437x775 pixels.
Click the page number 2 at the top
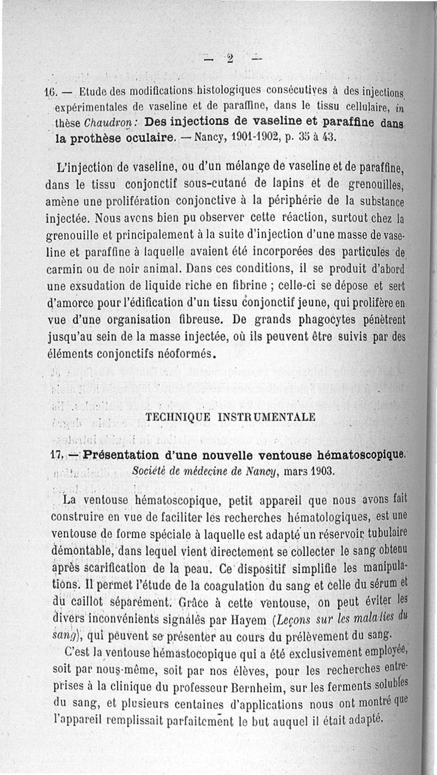click(x=231, y=58)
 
